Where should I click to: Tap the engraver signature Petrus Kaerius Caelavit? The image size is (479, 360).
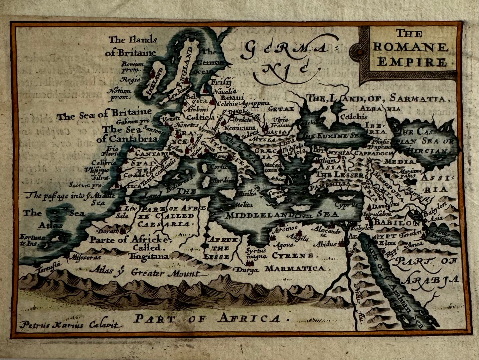71,325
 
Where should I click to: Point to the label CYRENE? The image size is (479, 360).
292,256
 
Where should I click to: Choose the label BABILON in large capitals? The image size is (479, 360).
398,223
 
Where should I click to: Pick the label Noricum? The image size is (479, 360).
240,128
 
